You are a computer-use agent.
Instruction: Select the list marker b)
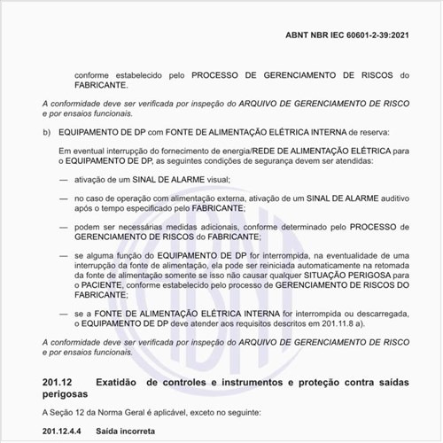pyautogui.click(x=47, y=133)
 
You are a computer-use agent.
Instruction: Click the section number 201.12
pyautogui.click(x=57, y=382)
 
